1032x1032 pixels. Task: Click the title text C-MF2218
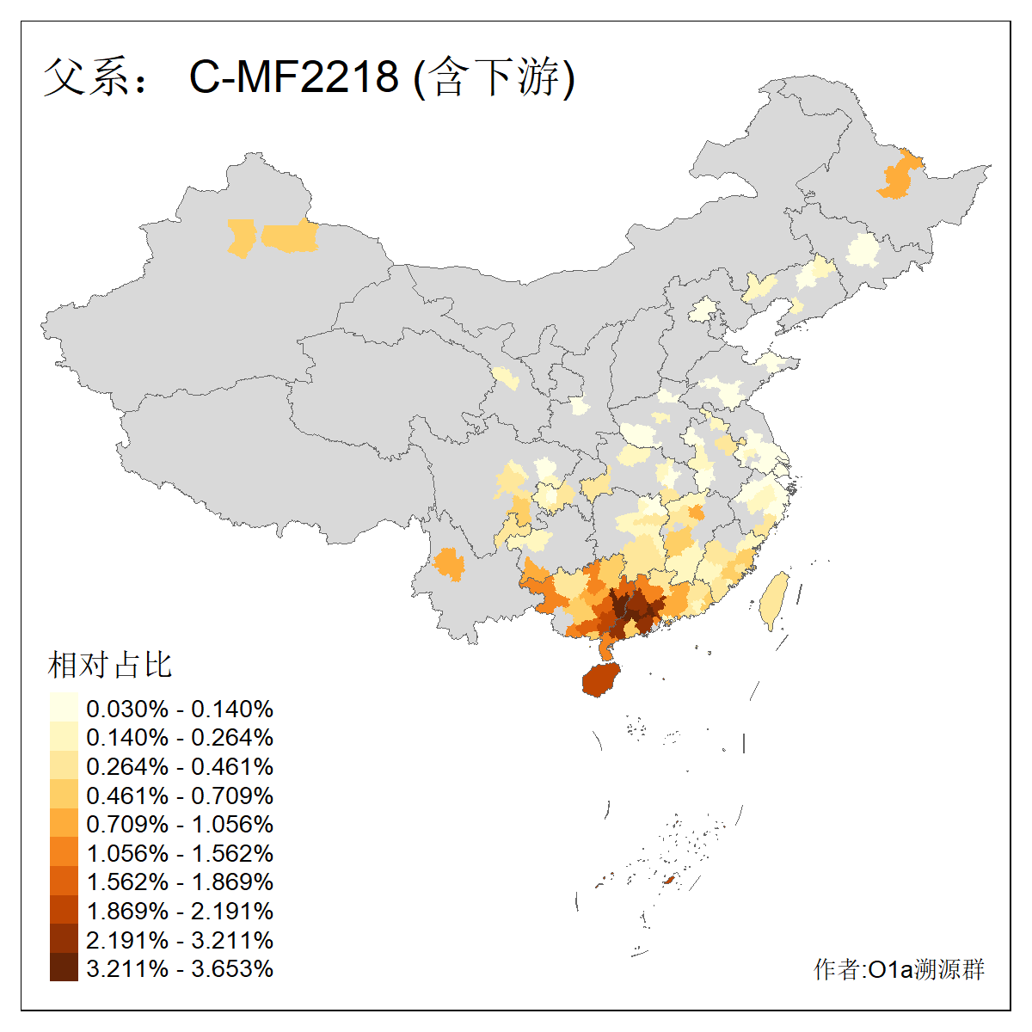point(294,77)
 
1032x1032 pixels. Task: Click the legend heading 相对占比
point(110,665)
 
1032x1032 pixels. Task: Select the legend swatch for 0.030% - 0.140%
point(64,708)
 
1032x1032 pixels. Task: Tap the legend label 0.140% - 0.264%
point(180,737)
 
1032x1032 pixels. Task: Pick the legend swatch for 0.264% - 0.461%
point(64,765)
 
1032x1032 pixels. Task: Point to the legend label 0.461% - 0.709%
point(180,795)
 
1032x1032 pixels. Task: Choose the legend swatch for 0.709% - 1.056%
point(64,824)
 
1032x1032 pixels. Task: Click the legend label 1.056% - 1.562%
point(180,853)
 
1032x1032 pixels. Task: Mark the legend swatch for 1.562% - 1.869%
point(64,881)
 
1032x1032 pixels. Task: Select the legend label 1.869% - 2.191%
point(180,911)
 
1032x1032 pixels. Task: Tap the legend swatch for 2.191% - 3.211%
point(64,939)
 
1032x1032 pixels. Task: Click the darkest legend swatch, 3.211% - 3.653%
point(64,967)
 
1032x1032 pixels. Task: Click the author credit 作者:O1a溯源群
point(899,969)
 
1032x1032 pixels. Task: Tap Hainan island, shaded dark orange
point(601,679)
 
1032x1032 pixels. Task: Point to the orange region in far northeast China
point(899,177)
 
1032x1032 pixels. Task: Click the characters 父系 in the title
point(84,77)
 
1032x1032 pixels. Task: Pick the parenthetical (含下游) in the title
point(494,77)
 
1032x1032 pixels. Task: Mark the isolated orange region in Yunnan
point(448,564)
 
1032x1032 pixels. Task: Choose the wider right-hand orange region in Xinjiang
point(290,236)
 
